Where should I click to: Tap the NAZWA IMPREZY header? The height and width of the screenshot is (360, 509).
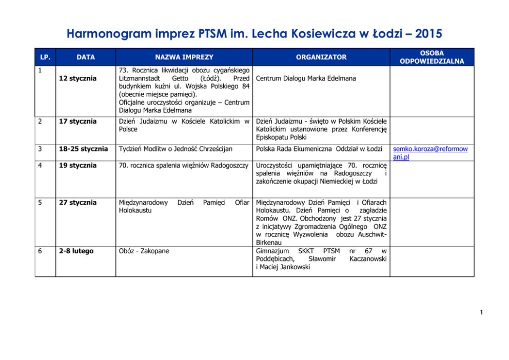click(x=184, y=57)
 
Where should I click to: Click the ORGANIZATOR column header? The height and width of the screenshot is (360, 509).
click(x=321, y=57)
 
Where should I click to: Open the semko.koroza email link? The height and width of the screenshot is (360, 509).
click(x=430, y=153)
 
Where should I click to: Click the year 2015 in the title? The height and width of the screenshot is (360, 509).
click(x=423, y=33)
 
